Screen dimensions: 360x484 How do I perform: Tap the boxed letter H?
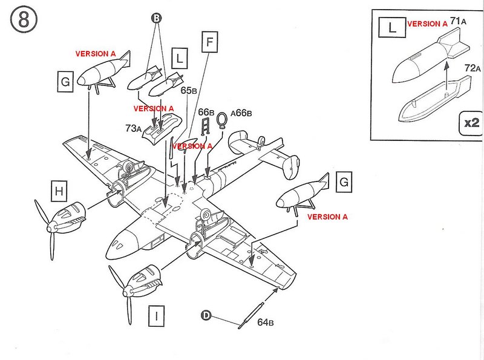pos(59,192)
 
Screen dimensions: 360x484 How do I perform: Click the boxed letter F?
pos(210,42)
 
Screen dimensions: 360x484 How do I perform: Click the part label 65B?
pos(189,91)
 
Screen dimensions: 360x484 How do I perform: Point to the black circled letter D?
pos(206,315)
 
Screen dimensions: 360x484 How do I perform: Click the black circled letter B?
pos(156,19)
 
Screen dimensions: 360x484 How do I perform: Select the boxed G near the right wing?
pos(344,182)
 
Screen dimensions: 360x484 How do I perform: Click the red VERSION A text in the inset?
pos(427,24)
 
